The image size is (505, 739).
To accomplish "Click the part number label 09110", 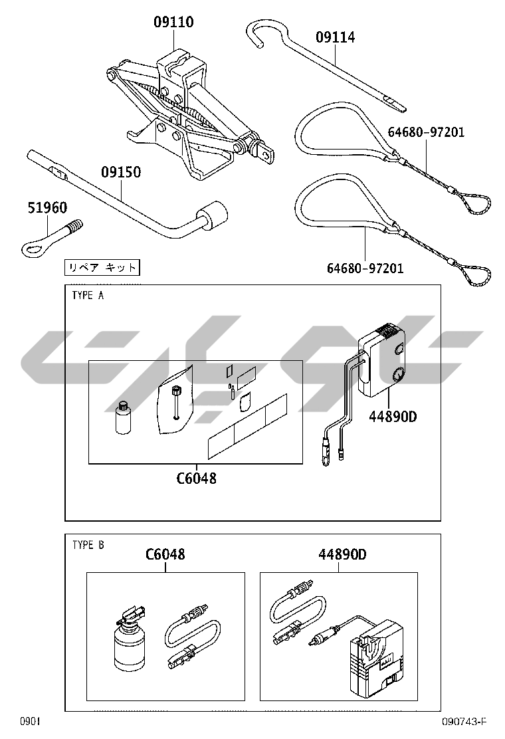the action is click(x=173, y=22).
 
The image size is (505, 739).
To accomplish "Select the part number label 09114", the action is click(x=335, y=37).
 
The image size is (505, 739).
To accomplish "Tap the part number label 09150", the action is click(x=121, y=172).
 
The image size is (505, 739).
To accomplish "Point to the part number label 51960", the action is click(x=47, y=207).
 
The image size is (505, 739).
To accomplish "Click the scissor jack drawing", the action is click(x=189, y=116).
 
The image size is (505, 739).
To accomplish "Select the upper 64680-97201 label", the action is click(x=426, y=132).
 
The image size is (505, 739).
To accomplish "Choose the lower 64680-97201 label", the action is click(x=365, y=268).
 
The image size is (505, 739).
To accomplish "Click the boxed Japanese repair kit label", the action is click(x=102, y=268).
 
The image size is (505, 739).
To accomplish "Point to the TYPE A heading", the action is click(x=88, y=296).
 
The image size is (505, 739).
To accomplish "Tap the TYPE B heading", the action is click(x=88, y=545).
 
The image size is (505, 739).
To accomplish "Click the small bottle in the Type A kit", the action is click(x=123, y=417).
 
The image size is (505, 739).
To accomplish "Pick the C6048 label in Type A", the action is click(x=197, y=478).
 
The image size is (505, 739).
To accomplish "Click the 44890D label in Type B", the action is click(x=342, y=554).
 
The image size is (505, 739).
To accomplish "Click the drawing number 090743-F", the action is click(x=464, y=722).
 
